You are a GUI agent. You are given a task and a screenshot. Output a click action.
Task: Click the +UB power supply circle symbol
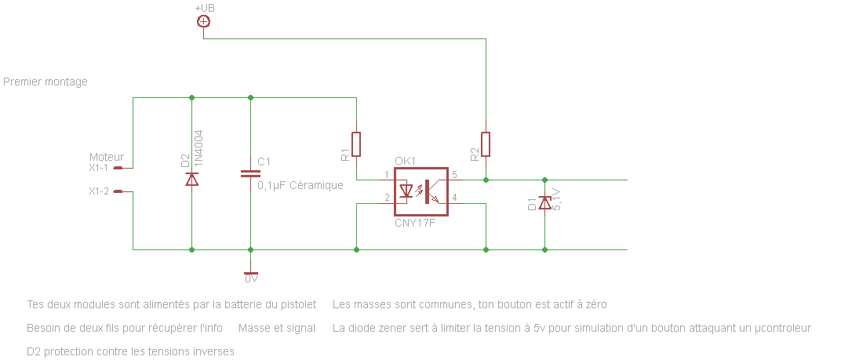[x=203, y=21]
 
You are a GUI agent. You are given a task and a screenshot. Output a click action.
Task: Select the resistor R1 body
[x=356, y=144]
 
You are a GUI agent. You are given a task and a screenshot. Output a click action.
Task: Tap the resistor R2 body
[x=486, y=144]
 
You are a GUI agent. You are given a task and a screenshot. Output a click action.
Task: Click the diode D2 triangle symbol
[x=191, y=179]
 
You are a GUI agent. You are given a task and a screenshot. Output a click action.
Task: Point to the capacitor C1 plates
[x=250, y=174]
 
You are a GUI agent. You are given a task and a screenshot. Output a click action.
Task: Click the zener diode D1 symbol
[x=544, y=203]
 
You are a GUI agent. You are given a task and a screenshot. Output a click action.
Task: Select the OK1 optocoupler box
[x=420, y=191]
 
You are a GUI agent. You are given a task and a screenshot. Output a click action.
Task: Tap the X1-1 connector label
[x=99, y=168]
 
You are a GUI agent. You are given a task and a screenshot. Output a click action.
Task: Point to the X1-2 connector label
[x=99, y=191]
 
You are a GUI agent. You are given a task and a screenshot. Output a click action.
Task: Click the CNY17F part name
[x=415, y=224]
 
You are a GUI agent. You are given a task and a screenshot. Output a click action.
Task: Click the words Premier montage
[x=46, y=82]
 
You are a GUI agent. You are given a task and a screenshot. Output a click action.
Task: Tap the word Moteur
[x=107, y=157]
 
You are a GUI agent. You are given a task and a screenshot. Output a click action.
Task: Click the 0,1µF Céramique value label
[x=300, y=185]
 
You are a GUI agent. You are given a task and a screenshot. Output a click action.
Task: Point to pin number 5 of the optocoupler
[x=454, y=174]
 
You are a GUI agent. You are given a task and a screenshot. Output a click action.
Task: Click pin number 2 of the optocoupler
[x=387, y=198]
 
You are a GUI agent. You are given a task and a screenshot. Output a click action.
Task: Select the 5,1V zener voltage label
[x=557, y=199]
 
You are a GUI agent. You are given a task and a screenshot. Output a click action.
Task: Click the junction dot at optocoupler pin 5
[x=486, y=180]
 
